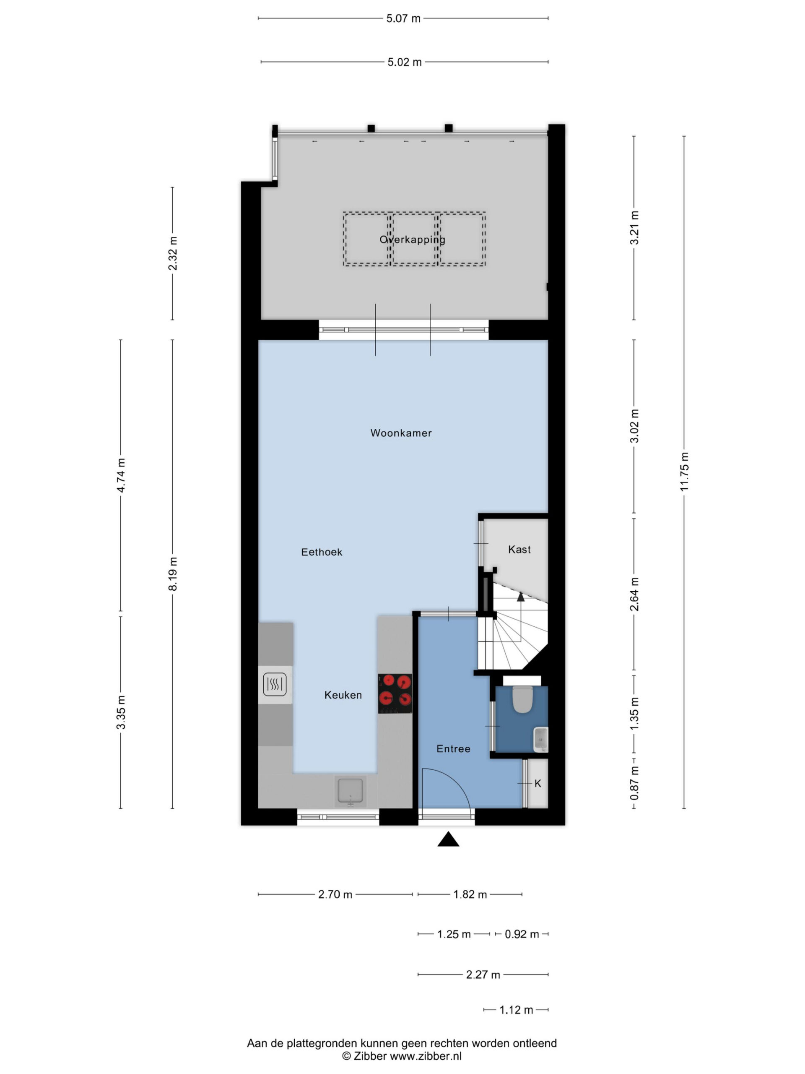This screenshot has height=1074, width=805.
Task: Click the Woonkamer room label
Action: pos(401,433)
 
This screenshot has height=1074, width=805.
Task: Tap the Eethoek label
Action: pos(322,552)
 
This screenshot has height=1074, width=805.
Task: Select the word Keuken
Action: pos(343,695)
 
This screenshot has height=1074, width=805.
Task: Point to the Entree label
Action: pos(453,749)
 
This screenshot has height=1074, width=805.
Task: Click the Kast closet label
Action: pos(519,549)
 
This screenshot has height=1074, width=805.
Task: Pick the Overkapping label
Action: pos(412,240)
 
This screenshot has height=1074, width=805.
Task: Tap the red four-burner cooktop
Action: pos(395,693)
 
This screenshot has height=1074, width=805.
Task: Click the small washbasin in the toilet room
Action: pos(540,740)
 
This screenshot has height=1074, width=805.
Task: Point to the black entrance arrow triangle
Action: pos(448,839)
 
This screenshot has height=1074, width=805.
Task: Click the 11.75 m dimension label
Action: pos(684,472)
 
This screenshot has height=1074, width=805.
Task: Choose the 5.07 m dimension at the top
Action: pos(403,18)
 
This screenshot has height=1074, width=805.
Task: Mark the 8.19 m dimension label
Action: pos(173,574)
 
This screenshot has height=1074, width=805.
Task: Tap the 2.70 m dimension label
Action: pos(335,894)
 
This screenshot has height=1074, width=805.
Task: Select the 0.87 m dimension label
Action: pos(634,783)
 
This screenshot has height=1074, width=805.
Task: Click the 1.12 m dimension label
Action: pos(516,1010)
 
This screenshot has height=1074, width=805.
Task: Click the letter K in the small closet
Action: pos(538,783)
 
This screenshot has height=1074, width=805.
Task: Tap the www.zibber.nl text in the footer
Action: pos(426,1056)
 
